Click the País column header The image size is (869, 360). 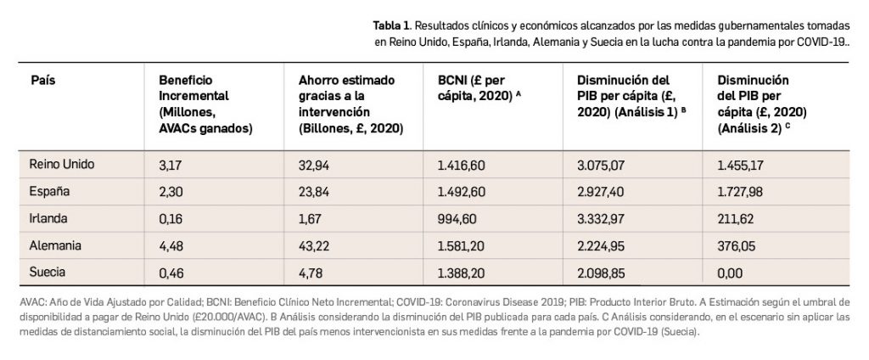[x=42, y=79]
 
